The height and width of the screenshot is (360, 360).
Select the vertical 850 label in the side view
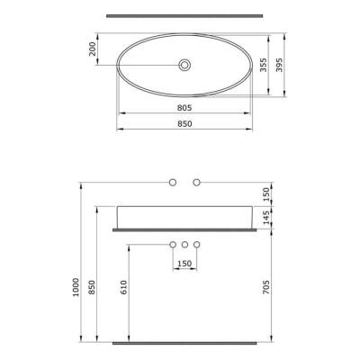click(x=94, y=288)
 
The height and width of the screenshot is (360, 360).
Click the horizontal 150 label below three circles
click(x=184, y=264)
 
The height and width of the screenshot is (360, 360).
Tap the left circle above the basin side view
click(x=173, y=184)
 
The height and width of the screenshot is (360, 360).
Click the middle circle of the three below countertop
click(x=184, y=244)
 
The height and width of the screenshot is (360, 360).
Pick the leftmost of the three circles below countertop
click(x=173, y=244)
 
